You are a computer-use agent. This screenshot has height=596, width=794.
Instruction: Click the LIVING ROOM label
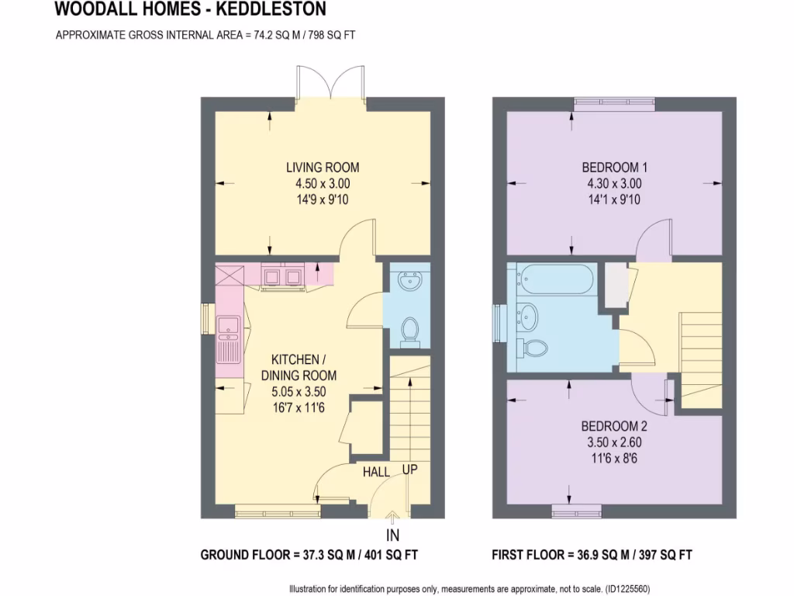pyautogui.click(x=323, y=167)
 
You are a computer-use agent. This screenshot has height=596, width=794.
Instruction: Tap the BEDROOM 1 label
pyautogui.click(x=614, y=167)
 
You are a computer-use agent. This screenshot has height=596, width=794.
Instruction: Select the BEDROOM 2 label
pyautogui.click(x=614, y=426)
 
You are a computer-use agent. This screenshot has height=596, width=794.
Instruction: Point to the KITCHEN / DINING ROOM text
pyautogui.click(x=299, y=367)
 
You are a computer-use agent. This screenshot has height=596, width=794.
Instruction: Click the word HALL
pyautogui.click(x=376, y=472)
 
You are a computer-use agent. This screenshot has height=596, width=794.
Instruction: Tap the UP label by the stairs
pyautogui.click(x=410, y=470)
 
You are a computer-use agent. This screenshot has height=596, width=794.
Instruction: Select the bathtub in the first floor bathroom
pyautogui.click(x=556, y=279)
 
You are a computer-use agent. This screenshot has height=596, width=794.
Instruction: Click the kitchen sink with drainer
pyautogui.click(x=230, y=340)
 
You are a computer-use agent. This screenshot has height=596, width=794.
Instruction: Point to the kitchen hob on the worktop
pyautogui.click(x=282, y=276)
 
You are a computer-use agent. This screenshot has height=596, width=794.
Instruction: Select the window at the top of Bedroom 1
pyautogui.click(x=614, y=102)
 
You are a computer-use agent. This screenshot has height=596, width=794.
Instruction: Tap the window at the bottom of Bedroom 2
pyautogui.click(x=578, y=510)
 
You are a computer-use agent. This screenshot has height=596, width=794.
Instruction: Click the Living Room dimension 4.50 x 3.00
pyautogui.click(x=323, y=184)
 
